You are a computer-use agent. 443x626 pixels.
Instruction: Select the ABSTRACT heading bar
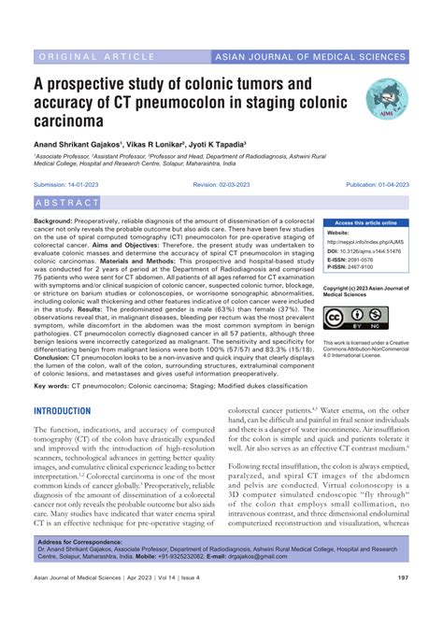click(66, 203)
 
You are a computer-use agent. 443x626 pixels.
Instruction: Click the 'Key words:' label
click(51, 385)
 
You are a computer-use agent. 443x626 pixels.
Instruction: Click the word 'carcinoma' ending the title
click(76, 121)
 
